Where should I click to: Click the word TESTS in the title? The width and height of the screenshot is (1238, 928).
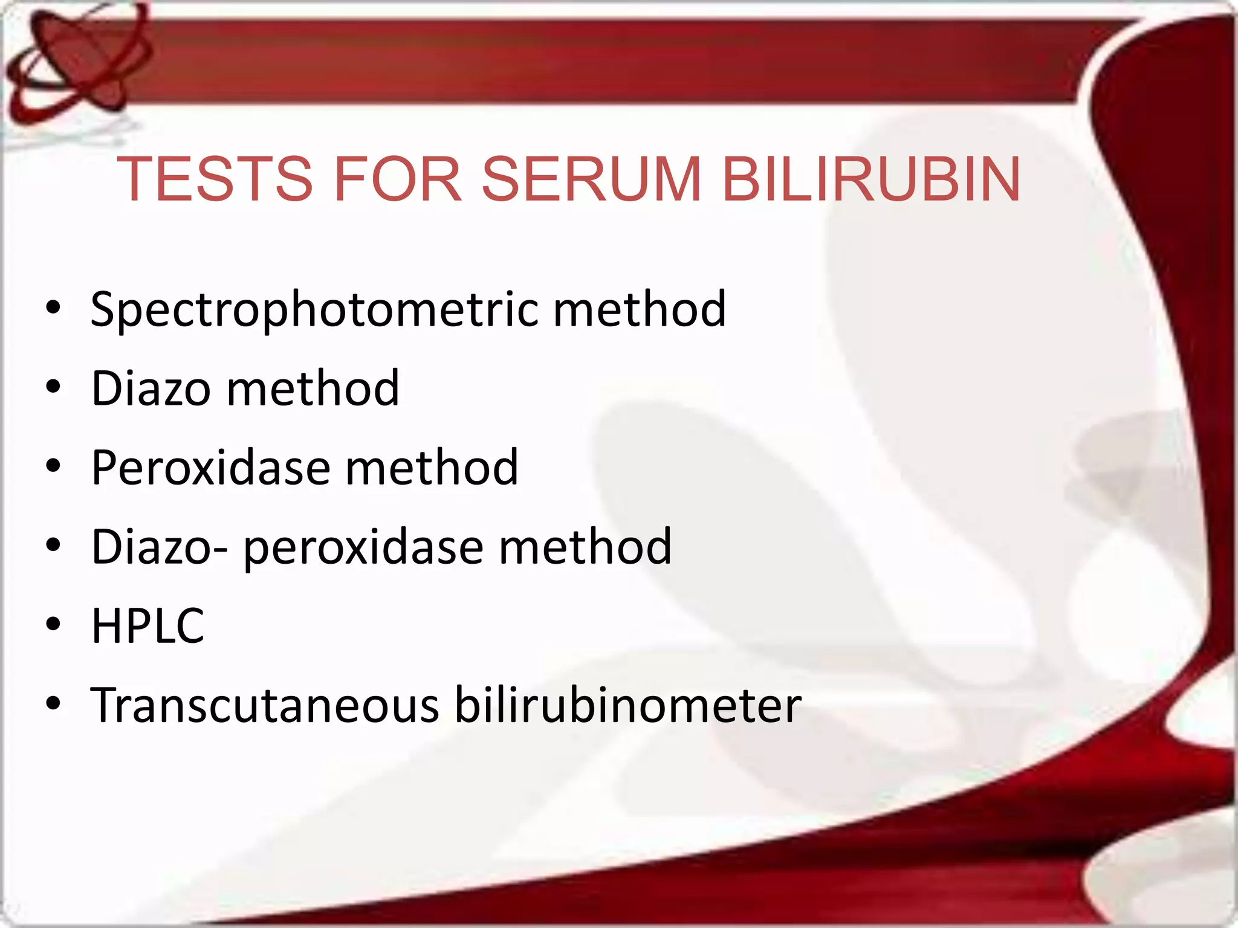(x=215, y=179)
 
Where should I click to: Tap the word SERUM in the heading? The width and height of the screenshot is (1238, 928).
(x=591, y=179)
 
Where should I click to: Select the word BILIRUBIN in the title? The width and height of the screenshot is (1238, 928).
(x=871, y=179)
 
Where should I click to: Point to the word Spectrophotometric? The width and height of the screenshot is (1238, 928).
(x=314, y=310)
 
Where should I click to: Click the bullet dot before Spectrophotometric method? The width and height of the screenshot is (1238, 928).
(x=53, y=308)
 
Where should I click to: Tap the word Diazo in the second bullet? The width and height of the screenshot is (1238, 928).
(x=151, y=388)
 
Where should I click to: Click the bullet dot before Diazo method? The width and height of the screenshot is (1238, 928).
(x=53, y=387)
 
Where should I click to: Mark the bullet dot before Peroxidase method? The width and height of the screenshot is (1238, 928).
(x=53, y=466)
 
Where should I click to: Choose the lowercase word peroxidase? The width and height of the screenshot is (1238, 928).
(x=363, y=547)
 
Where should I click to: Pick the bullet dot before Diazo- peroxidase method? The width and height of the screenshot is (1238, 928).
(x=53, y=546)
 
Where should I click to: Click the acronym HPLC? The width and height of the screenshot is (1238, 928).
(x=148, y=626)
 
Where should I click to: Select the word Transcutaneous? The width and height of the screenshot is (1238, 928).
(x=265, y=705)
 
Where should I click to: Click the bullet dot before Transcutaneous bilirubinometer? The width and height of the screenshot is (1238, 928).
(x=53, y=704)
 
